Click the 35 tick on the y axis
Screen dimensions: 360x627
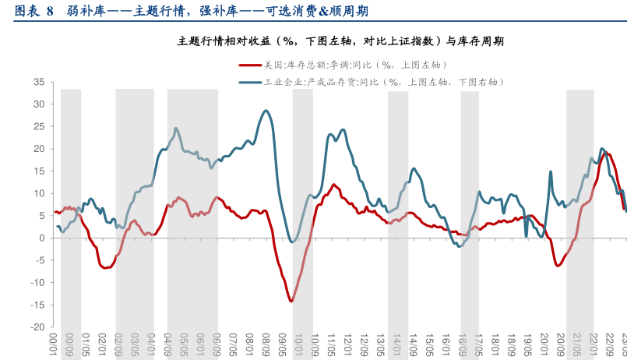pyautogui.click(x=38, y=82)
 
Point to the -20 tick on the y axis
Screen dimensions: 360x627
pyautogui.click(x=37, y=327)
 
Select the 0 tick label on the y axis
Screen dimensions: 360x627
pyautogui.click(x=41, y=238)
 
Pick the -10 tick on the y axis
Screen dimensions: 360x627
pyautogui.click(x=37, y=283)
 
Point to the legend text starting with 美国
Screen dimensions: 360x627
pyautogui.click(x=353, y=65)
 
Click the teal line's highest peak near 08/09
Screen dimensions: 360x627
pyautogui.click(x=266, y=111)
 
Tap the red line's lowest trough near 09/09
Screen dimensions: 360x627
pyautogui.click(x=291, y=301)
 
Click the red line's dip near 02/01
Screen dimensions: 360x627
pyautogui.click(x=105, y=267)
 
